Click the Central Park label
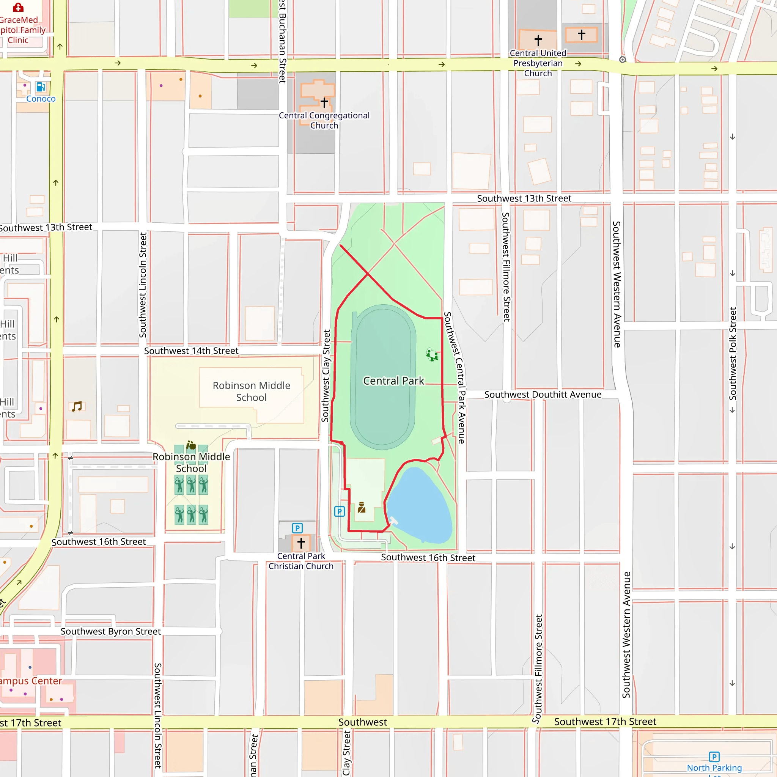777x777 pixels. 393,381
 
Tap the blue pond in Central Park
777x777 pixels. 420,507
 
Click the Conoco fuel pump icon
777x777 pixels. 41,87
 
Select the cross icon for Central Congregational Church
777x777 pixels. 324,102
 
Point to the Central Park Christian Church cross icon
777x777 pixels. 301,543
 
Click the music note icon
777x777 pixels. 77,406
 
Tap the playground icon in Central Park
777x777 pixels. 432,355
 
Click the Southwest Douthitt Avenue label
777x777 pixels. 543,395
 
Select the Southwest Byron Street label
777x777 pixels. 111,631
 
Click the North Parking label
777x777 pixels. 714,768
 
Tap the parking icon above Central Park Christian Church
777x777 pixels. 297,528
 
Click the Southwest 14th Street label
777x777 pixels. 191,351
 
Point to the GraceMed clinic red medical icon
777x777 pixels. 18,7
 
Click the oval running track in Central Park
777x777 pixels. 382,377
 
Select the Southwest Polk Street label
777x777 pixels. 732,354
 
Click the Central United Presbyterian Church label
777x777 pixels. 538,63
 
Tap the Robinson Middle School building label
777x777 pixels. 252,391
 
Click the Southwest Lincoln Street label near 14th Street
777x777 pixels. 143,285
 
